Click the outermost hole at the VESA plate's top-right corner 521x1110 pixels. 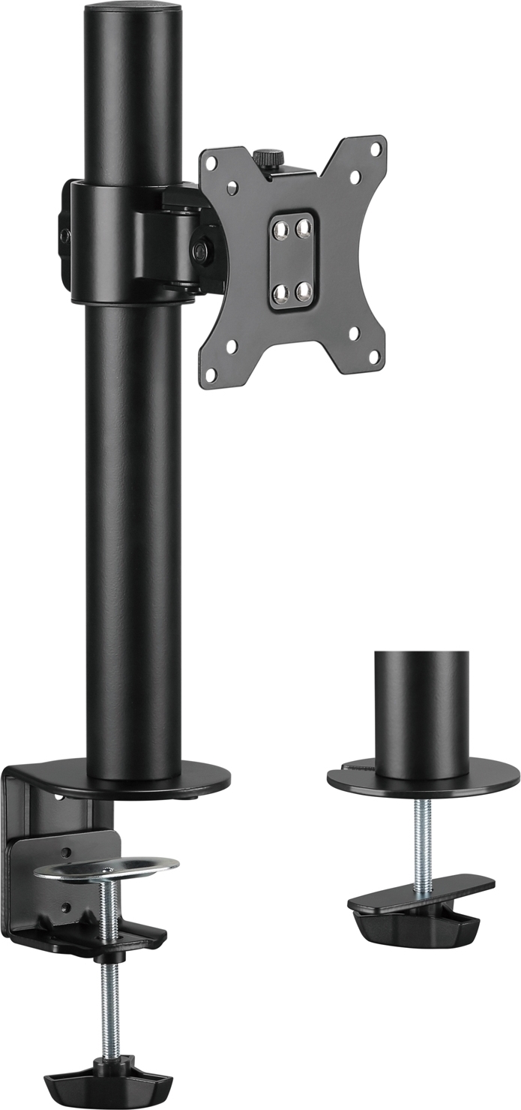click(x=376, y=149)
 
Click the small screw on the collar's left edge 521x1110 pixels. click(x=65, y=236)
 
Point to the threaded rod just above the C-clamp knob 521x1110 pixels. click(x=109, y=1006)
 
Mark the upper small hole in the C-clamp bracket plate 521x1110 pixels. click(x=66, y=852)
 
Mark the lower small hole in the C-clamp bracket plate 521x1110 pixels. click(x=66, y=907)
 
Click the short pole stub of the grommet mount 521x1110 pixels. click(x=422, y=713)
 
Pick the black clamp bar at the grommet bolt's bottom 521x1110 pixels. click(x=420, y=908)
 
